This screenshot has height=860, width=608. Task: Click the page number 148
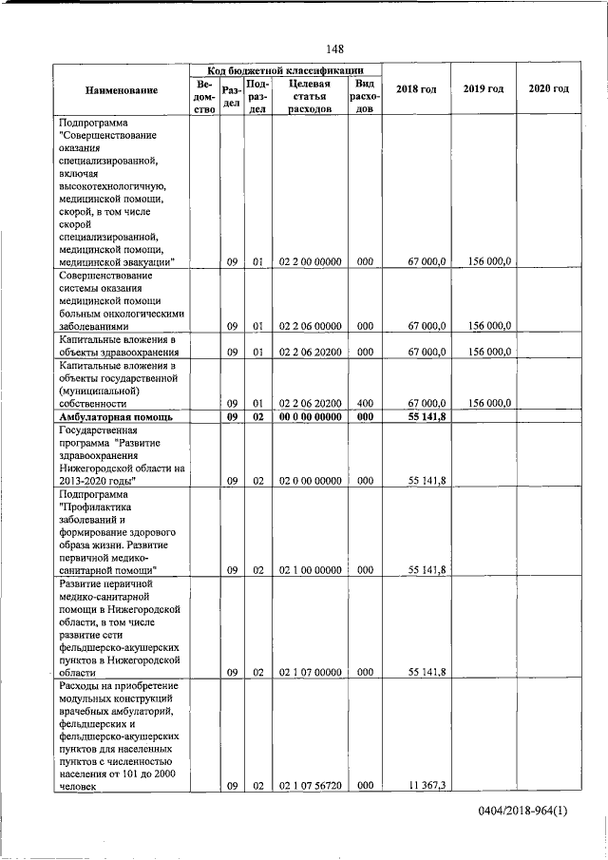point(334,48)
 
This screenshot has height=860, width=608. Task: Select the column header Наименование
point(122,89)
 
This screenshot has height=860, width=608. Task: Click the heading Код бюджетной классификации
point(286,70)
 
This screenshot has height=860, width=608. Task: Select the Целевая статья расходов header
point(309,96)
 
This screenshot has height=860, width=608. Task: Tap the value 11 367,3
point(427,785)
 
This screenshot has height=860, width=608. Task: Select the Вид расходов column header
point(365,96)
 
